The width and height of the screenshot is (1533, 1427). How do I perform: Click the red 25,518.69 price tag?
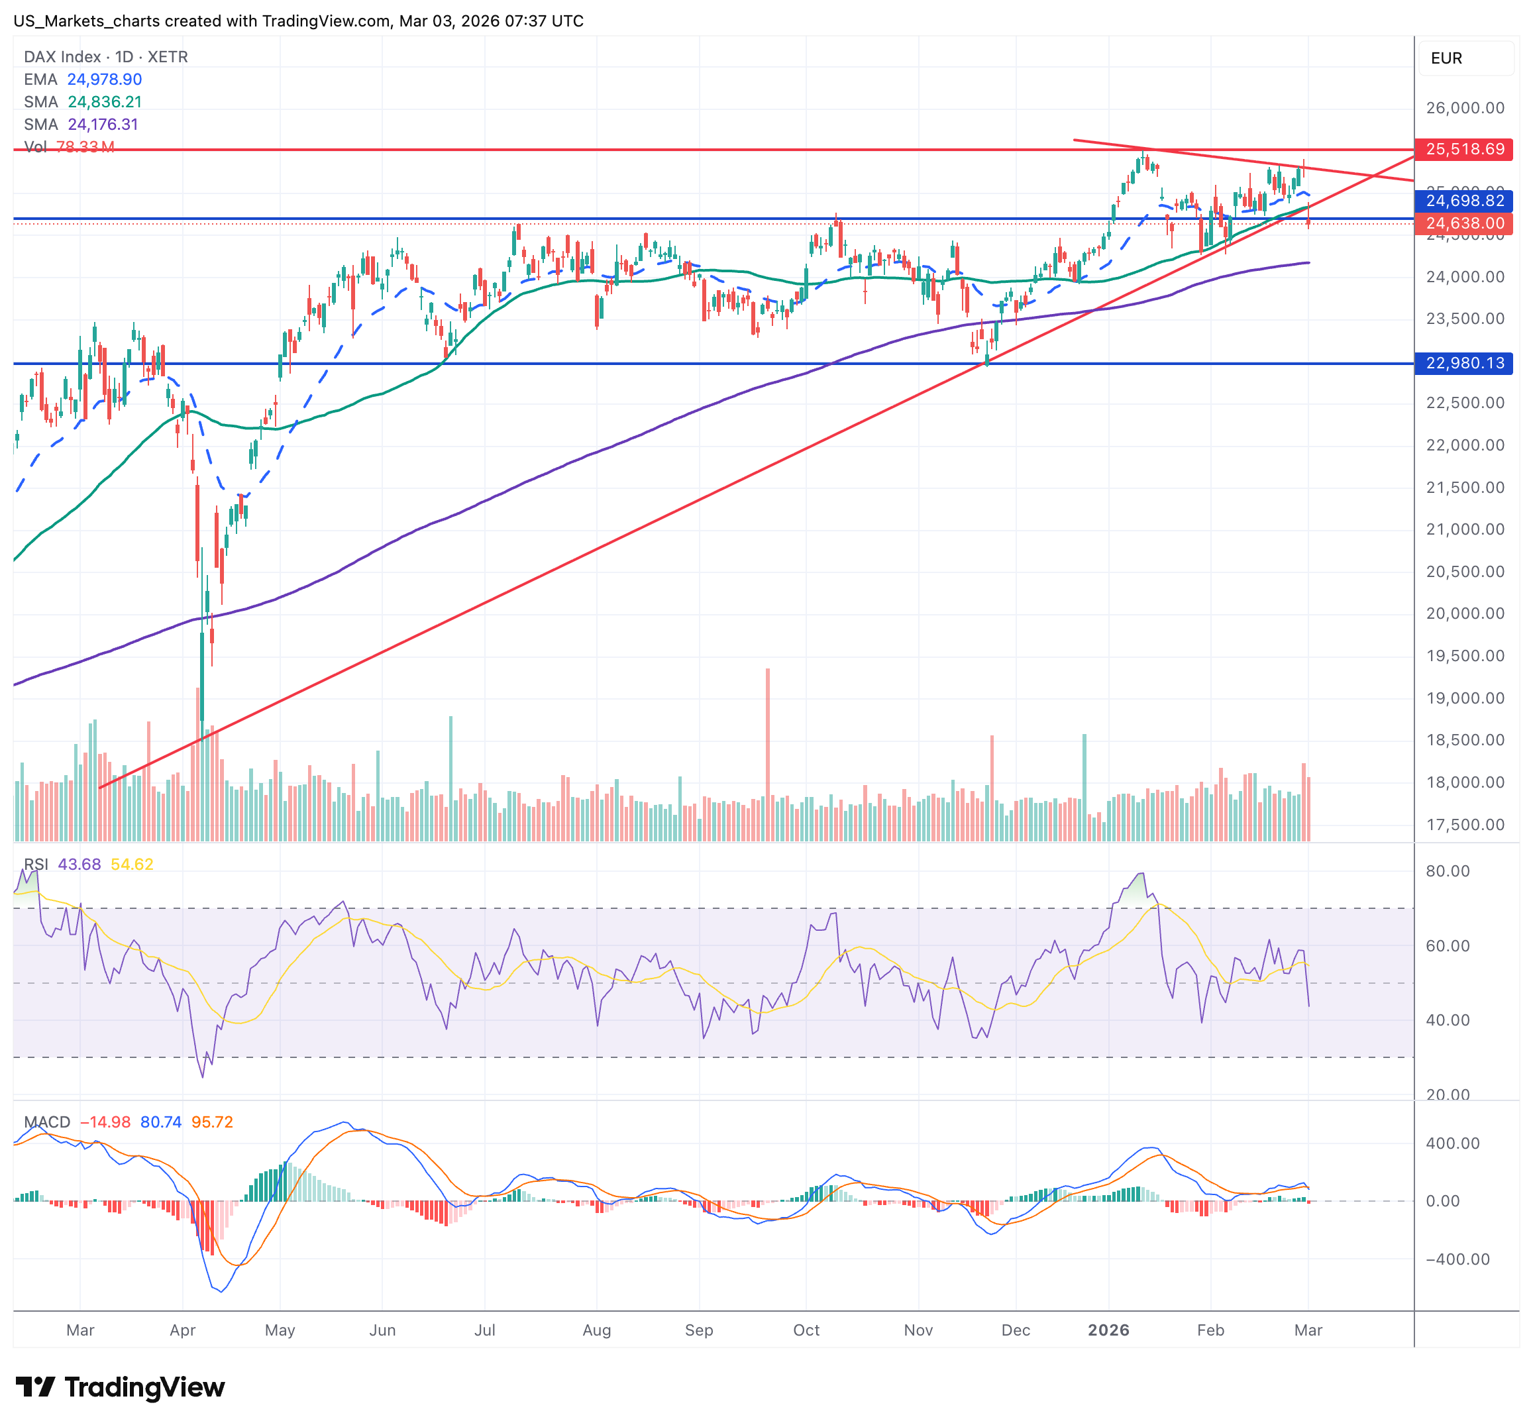point(1463,149)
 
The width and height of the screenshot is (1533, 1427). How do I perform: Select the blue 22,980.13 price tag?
point(1463,363)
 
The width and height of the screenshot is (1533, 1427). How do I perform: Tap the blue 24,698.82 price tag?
point(1463,201)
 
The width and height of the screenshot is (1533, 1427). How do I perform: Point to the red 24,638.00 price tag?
point(1463,223)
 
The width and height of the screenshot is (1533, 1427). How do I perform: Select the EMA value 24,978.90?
point(104,79)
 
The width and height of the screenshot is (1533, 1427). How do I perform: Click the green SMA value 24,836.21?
point(104,102)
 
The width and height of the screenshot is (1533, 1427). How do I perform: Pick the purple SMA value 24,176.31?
point(103,124)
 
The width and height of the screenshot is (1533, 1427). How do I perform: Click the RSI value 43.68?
point(79,865)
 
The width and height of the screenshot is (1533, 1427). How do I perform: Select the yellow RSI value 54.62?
point(132,865)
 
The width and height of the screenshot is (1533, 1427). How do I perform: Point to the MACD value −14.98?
point(105,1122)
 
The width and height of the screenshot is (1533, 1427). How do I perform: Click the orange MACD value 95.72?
point(212,1122)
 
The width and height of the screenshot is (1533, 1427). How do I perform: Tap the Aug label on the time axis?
point(597,1330)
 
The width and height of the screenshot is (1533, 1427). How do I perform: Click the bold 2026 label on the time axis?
point(1108,1330)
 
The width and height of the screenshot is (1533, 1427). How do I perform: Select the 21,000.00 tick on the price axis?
point(1464,529)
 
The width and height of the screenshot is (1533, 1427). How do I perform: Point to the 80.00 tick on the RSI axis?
point(1448,871)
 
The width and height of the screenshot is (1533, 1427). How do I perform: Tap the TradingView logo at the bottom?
point(121,1387)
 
